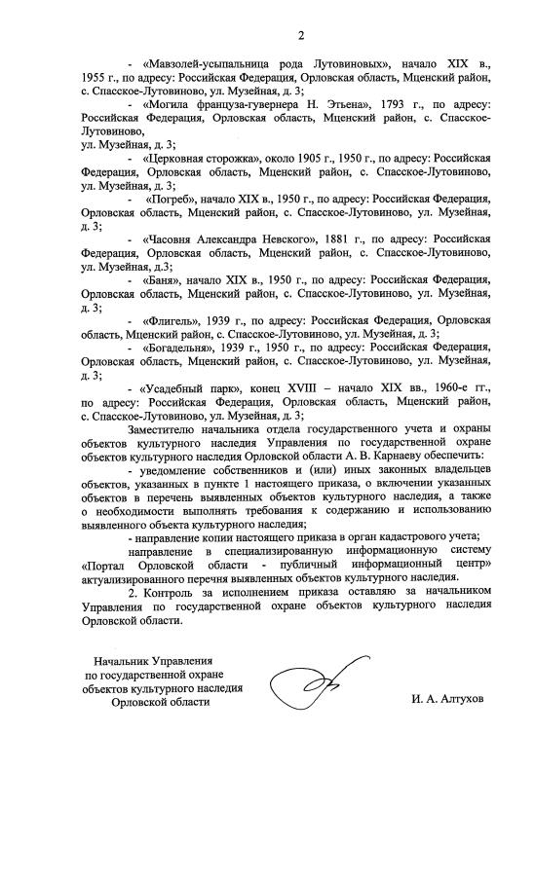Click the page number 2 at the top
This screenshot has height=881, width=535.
pos(301,36)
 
